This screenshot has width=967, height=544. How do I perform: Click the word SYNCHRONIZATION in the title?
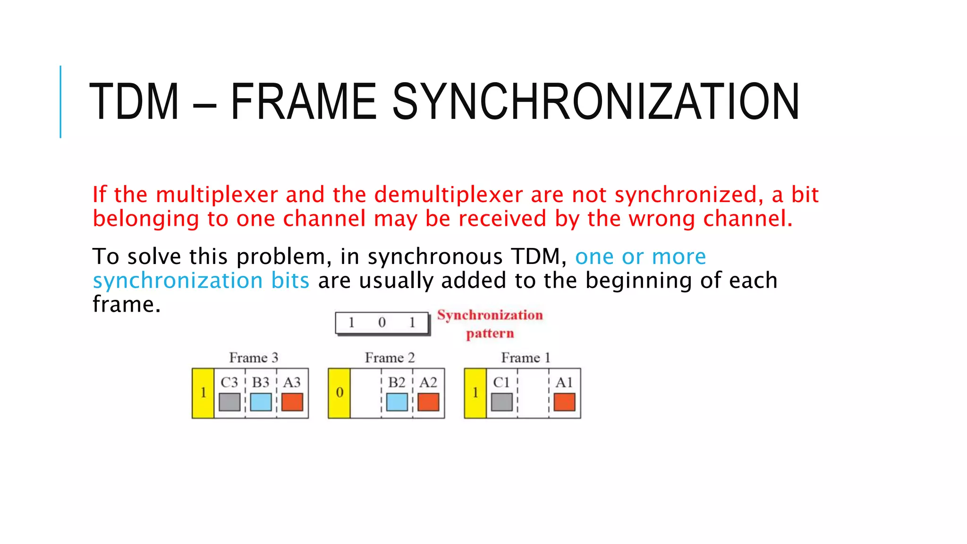pyautogui.click(x=596, y=102)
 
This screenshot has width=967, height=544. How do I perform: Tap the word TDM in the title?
pyautogui.click(x=134, y=102)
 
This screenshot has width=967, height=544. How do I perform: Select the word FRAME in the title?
pyautogui.click(x=303, y=102)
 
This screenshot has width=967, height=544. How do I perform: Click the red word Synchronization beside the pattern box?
pyautogui.click(x=490, y=315)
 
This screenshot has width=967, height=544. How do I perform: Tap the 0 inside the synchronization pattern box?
pyautogui.click(x=382, y=323)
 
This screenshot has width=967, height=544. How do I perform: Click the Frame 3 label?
pyautogui.click(x=254, y=358)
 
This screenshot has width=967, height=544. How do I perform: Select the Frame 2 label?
pyautogui.click(x=390, y=358)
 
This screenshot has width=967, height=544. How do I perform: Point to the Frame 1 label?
pyautogui.click(x=526, y=358)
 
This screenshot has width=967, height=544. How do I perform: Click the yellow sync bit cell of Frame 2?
pyautogui.click(x=339, y=393)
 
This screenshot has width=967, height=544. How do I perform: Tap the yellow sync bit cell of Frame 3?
pyautogui.click(x=203, y=393)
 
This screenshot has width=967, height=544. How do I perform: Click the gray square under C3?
pyautogui.click(x=229, y=402)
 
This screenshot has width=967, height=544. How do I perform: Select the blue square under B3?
pyautogui.click(x=261, y=402)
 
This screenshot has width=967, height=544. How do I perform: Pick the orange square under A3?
pyautogui.click(x=292, y=402)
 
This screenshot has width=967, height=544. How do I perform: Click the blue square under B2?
pyautogui.click(x=397, y=402)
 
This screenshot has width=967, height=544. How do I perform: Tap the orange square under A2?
pyautogui.click(x=428, y=402)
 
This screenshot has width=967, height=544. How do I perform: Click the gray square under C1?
pyautogui.click(x=501, y=402)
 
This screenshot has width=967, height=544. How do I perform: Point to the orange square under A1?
pyautogui.click(x=564, y=402)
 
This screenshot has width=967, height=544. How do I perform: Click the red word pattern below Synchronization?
pyautogui.click(x=490, y=334)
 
